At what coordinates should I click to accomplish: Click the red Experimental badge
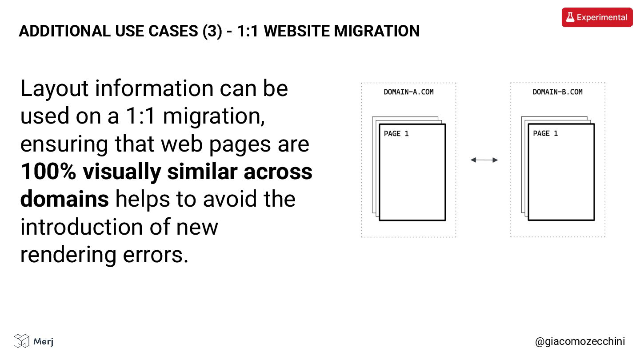point(597,17)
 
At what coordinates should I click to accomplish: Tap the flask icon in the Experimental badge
point(569,17)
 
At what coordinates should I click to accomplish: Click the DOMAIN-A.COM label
point(408,92)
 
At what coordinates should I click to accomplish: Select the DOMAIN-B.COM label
point(557,92)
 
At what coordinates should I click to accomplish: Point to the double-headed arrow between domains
point(484,160)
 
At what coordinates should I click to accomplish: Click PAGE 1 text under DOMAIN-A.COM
point(396,133)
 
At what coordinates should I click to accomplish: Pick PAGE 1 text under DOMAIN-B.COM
point(545,133)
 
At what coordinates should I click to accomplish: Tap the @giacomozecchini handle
point(580,341)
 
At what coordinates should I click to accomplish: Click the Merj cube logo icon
point(21,341)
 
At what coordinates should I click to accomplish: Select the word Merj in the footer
point(44,341)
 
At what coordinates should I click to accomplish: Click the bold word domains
point(64,200)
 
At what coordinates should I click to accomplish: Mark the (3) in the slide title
point(212,31)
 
